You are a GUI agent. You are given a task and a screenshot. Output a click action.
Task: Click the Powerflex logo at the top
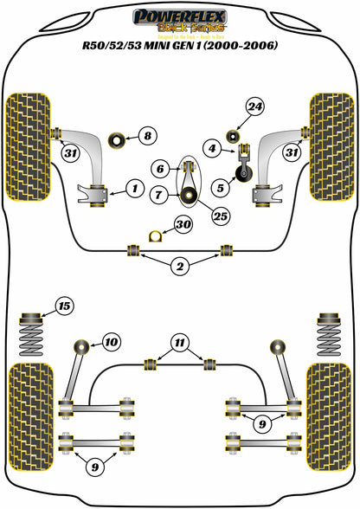180,17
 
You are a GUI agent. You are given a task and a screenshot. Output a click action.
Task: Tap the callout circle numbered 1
133,187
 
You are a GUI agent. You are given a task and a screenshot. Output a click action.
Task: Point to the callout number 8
147,135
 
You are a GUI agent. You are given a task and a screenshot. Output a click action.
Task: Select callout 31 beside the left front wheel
69,153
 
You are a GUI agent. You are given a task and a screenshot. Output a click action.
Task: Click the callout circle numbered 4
214,150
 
